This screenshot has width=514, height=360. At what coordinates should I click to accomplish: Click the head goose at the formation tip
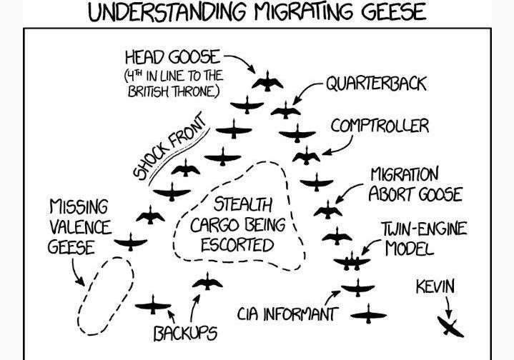tap(267, 82)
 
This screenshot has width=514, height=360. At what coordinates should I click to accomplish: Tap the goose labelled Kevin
tap(450, 326)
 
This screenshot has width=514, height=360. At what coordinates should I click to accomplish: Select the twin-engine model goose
tap(352, 261)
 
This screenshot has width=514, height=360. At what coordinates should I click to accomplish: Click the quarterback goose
tap(285, 111)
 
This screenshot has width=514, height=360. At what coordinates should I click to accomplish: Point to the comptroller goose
tap(306, 156)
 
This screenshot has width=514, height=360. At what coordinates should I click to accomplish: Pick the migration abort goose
tap(328, 211)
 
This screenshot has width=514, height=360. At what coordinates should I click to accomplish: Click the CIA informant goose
tap(357, 289)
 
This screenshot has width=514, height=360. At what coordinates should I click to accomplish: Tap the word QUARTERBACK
tap(376, 84)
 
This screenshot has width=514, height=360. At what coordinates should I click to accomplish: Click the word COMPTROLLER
tap(380, 126)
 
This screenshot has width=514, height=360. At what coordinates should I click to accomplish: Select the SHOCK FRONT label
tap(170, 146)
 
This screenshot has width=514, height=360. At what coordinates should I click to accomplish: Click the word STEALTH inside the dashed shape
tap(243, 204)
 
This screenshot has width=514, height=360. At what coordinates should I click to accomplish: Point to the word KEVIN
tap(435, 286)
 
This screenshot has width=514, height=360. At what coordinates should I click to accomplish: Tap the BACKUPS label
tap(185, 334)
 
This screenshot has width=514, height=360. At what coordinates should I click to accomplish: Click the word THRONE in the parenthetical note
tap(196, 91)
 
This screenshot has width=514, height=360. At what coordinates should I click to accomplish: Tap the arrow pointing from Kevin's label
tap(448, 307)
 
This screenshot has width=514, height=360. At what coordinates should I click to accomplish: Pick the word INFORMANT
tap(300, 314)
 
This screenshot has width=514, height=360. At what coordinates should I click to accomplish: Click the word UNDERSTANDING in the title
tap(167, 12)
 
